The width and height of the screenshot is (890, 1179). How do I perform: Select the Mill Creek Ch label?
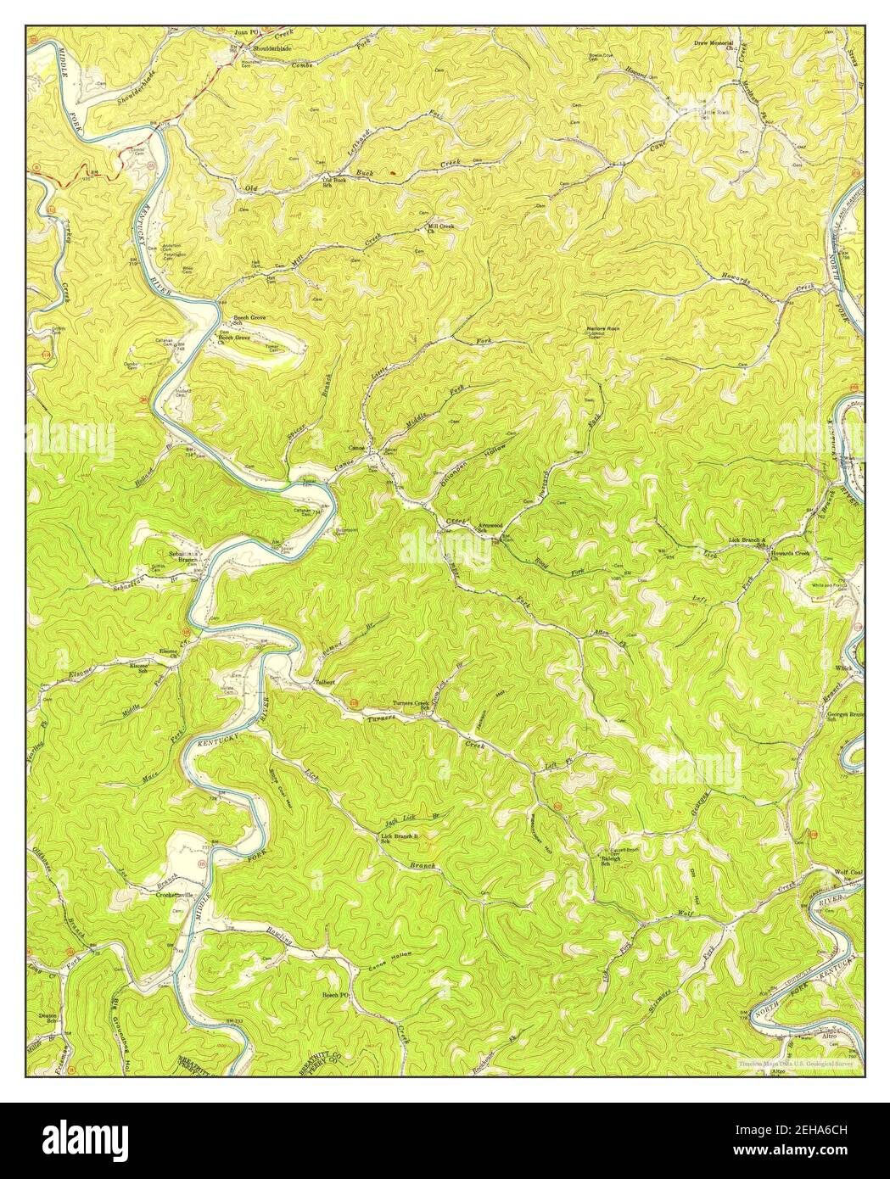pos(442,228)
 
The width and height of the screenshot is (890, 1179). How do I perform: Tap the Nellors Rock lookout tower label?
pos(602,329)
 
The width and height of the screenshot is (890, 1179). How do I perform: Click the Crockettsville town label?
pos(175,894)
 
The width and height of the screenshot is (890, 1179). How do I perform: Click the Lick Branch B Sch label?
pos(400,839)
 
